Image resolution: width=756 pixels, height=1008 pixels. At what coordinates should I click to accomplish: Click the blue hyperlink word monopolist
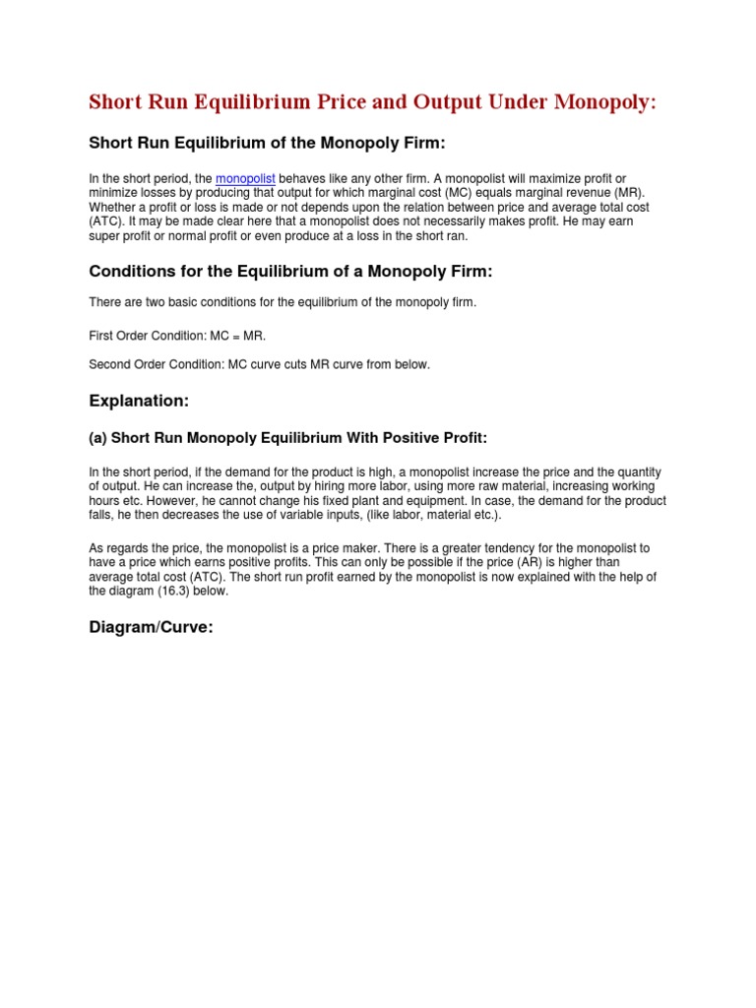pos(245,179)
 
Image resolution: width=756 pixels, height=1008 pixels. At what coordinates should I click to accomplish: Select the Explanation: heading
pos(138,401)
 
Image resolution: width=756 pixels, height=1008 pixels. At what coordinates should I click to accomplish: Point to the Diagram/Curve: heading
pos(151,627)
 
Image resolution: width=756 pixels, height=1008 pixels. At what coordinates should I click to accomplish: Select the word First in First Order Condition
pos(100,336)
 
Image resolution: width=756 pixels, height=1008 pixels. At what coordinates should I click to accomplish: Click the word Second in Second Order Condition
pos(109,364)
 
